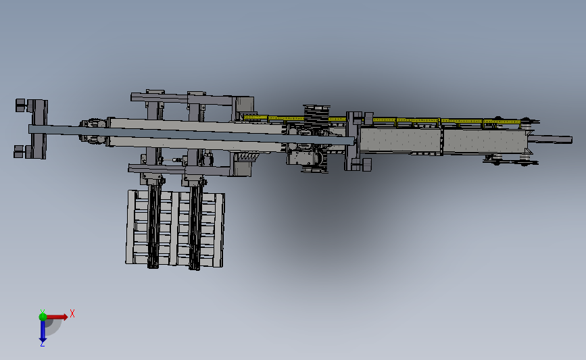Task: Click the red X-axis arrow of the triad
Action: pyautogui.click(x=57, y=316)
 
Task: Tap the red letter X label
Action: pyautogui.click(x=72, y=313)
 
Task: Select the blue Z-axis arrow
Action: pyautogui.click(x=42, y=330)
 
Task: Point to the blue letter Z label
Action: pyautogui.click(x=42, y=344)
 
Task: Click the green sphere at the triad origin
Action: pyautogui.click(x=43, y=316)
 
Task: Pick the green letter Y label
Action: pyautogui.click(x=42, y=310)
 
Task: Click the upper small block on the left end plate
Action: pyautogui.click(x=20, y=105)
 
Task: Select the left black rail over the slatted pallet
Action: pyautogui.click(x=155, y=226)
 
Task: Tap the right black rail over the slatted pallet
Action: pyautogui.click(x=195, y=226)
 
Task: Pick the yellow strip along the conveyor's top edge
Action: pyautogui.click(x=419, y=121)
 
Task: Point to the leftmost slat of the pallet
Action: pyautogui.click(x=130, y=227)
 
